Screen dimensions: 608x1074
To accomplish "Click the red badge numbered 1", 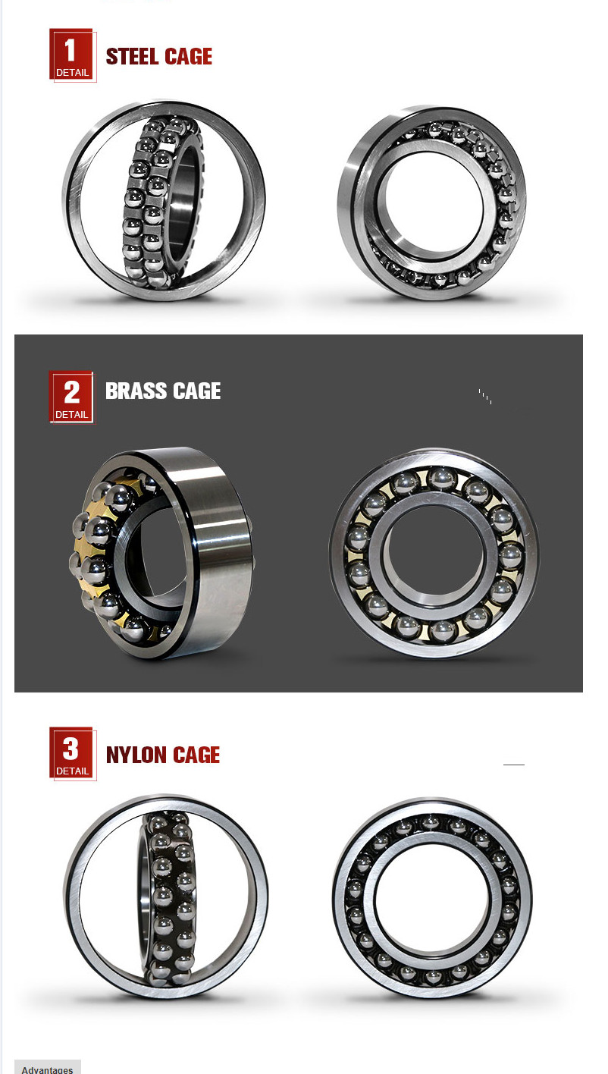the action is pyautogui.click(x=72, y=55).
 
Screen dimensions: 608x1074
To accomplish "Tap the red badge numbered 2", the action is pyautogui.click(x=72, y=397).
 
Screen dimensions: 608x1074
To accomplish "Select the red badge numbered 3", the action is pyautogui.click(x=72, y=753).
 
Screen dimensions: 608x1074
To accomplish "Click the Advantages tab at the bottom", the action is pyautogui.click(x=48, y=1068).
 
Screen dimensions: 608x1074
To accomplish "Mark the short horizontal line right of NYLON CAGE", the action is pyautogui.click(x=513, y=765).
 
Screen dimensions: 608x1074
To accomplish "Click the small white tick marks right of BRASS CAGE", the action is pyautogui.click(x=485, y=397).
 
